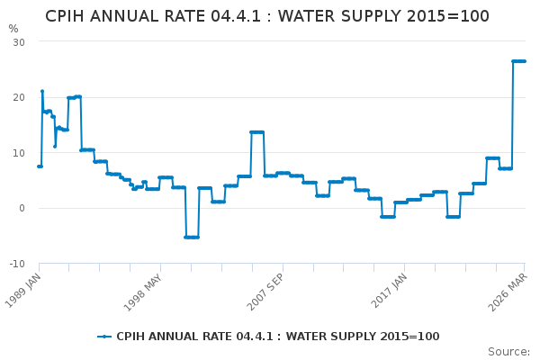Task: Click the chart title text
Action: coord(267,16)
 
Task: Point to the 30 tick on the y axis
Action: coord(19,42)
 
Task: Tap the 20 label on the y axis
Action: coord(19,97)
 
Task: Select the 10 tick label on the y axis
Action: coord(19,153)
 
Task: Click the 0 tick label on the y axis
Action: coord(22,208)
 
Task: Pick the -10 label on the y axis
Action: coord(17,264)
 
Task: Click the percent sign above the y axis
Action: coord(13,29)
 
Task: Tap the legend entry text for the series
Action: coord(277,337)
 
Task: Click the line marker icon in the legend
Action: coord(105,337)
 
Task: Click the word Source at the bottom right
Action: coord(508,352)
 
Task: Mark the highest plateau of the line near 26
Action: coord(519,61)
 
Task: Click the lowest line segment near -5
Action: coord(192,237)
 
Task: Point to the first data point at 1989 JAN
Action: coord(40,166)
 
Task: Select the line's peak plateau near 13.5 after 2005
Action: coord(256,132)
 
